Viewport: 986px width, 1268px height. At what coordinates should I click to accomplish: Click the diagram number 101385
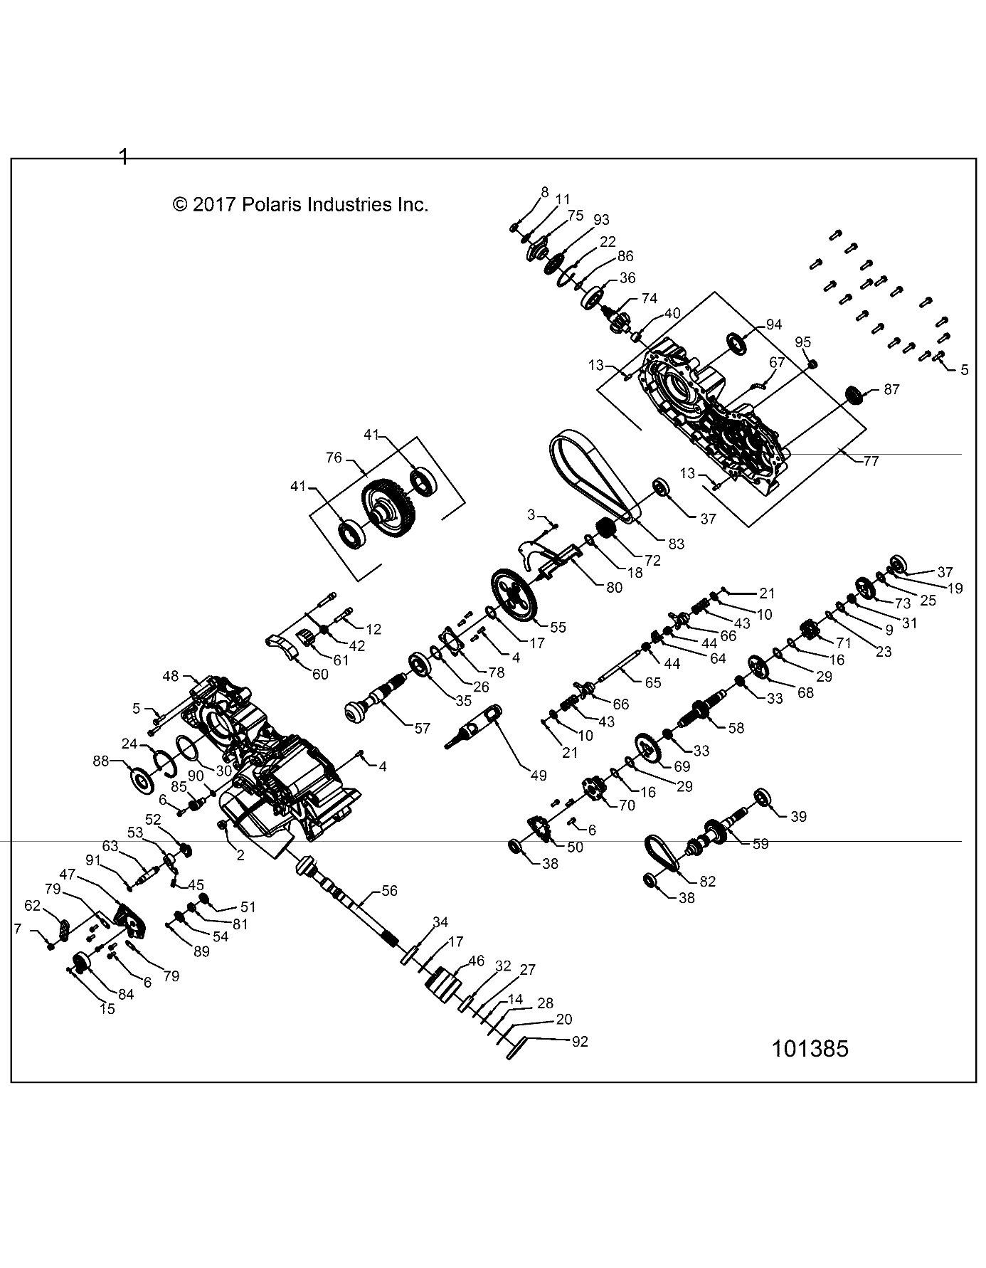tap(810, 1049)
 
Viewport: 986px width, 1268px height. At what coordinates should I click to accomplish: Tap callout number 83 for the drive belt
tap(676, 544)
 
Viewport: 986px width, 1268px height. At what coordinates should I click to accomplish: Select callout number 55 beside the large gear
tap(558, 627)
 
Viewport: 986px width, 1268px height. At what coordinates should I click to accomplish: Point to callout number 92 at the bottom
tap(580, 1041)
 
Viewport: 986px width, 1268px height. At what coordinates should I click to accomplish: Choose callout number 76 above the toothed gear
tap(334, 458)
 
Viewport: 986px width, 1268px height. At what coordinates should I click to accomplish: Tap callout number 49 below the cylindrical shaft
tap(539, 775)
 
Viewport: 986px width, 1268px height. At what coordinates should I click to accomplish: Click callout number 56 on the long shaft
tap(389, 890)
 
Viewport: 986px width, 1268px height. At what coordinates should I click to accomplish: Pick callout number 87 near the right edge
tap(891, 389)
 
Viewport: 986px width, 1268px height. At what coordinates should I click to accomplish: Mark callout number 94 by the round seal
tap(773, 324)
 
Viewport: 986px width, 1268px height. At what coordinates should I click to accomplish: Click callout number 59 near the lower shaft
tap(760, 844)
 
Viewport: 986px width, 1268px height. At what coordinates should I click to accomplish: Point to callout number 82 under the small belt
tap(707, 881)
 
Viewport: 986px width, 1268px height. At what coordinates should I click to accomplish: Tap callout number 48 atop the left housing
tap(171, 677)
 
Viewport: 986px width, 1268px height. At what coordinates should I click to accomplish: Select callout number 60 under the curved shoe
tap(320, 674)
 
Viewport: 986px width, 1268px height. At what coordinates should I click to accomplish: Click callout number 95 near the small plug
tap(802, 342)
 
